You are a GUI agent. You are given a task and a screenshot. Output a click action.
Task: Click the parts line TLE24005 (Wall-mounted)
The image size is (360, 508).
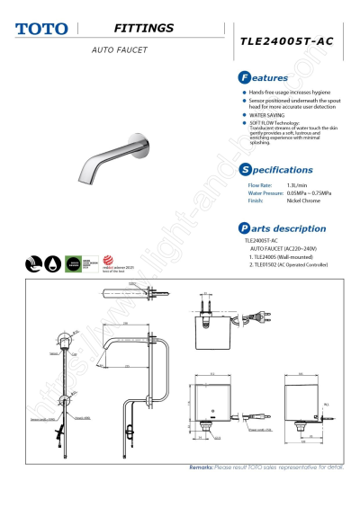[283, 256]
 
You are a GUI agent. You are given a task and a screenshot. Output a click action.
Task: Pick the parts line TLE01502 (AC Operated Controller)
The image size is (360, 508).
[296, 264]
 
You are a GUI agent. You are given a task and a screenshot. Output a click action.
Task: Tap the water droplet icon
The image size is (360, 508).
[51, 264]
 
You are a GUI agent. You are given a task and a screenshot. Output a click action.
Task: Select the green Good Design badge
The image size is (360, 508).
[73, 264]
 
